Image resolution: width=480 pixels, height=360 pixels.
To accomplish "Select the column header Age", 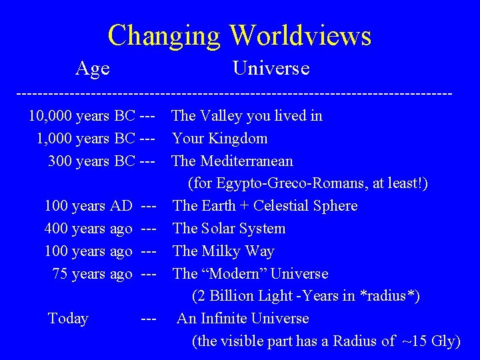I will [x=93, y=68].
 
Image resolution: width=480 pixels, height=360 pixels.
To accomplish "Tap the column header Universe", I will [x=271, y=68].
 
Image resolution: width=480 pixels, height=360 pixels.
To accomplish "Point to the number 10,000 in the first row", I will [x=51, y=116].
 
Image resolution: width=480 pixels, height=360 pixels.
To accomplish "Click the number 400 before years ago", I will [x=56, y=229].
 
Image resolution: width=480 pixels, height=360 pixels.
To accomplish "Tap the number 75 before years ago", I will [x=60, y=274].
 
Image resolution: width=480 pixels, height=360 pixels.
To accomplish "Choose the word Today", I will [x=68, y=319].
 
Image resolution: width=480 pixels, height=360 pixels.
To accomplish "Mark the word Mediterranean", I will [x=247, y=161].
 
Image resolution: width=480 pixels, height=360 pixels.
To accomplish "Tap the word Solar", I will [x=219, y=229].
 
